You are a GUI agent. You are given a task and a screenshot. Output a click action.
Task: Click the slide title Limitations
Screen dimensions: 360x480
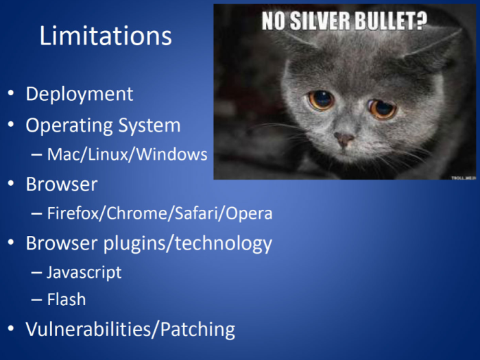(105, 36)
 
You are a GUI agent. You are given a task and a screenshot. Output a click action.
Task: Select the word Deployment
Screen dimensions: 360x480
(80, 94)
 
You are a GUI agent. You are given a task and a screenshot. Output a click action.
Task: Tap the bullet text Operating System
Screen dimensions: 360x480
(103, 126)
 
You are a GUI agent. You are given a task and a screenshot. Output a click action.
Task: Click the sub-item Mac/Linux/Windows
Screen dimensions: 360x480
(127, 155)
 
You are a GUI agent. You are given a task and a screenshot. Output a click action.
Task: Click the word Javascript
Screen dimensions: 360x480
(84, 272)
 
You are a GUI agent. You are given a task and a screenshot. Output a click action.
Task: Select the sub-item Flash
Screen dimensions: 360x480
(67, 300)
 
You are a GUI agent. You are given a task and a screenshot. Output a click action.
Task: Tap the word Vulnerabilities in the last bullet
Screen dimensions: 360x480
(91, 330)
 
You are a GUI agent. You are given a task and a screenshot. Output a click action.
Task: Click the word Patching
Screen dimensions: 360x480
(197, 330)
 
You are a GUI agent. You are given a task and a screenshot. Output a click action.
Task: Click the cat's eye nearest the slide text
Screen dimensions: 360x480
(320, 100)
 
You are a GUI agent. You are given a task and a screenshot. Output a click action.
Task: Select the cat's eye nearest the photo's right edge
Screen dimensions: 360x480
(383, 108)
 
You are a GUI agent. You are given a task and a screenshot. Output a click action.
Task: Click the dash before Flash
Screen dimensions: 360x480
(37, 300)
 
